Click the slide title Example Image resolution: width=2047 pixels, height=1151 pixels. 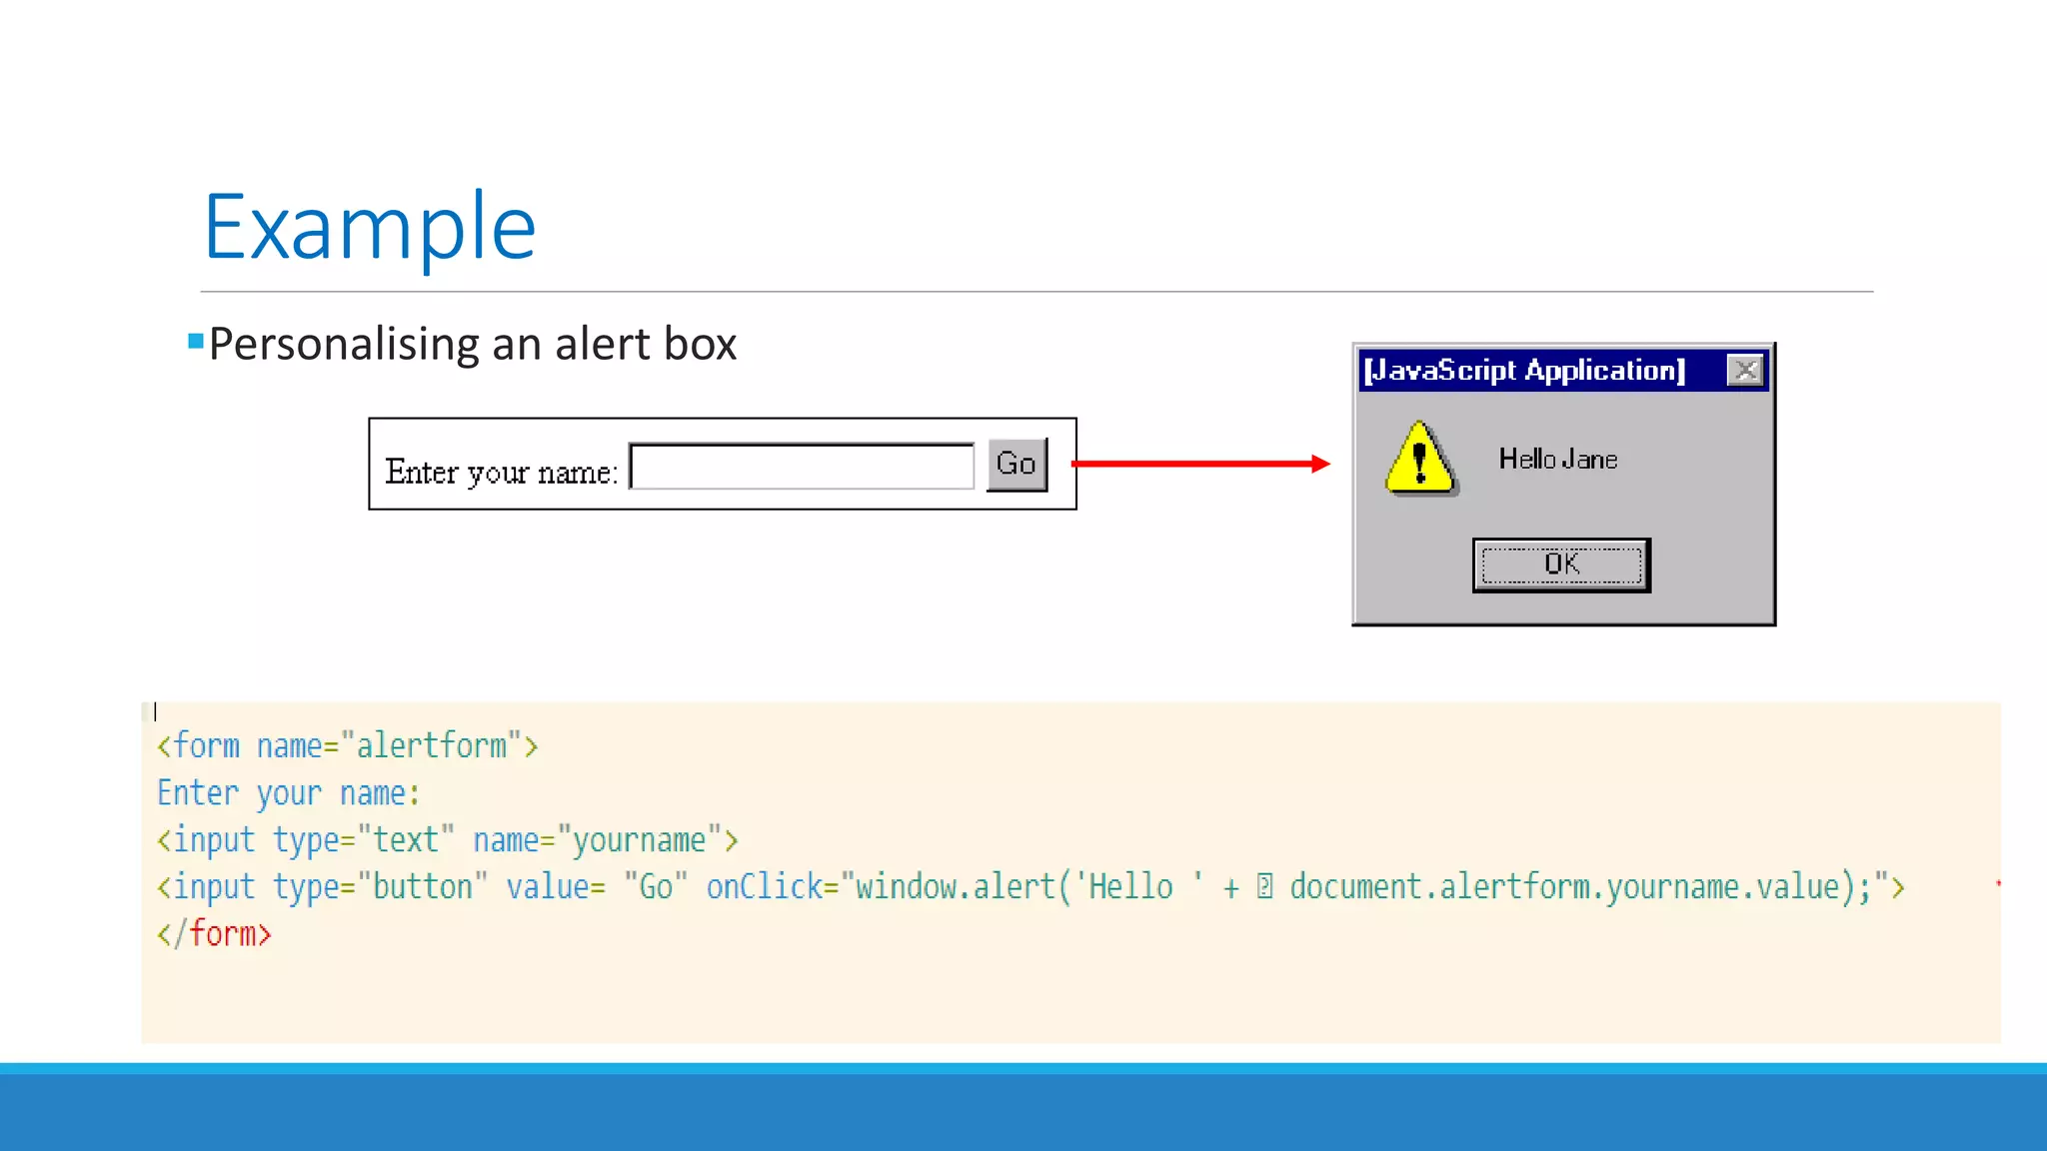point(370,227)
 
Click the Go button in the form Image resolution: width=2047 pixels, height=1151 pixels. point(1017,465)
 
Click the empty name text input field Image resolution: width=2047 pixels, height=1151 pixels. point(802,467)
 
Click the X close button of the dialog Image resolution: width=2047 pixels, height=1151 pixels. point(1745,371)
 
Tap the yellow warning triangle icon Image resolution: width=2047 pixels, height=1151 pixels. point(1419,460)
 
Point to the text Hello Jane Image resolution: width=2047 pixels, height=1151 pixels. point(1557,460)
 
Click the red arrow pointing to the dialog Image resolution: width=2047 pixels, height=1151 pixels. point(1199,464)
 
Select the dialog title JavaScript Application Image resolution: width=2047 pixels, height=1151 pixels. point(1524,371)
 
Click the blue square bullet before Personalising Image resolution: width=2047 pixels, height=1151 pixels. point(196,342)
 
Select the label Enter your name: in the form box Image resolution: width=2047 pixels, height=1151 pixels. point(501,472)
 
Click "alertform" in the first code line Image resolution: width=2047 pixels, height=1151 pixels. point(431,746)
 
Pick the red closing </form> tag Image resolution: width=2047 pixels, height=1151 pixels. point(215,934)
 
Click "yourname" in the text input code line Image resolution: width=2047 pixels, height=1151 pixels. point(639,840)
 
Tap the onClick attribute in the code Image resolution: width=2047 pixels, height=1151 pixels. point(765,887)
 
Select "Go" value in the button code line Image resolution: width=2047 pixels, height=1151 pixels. point(656,887)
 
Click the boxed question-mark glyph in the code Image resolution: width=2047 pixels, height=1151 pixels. point(1264,887)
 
